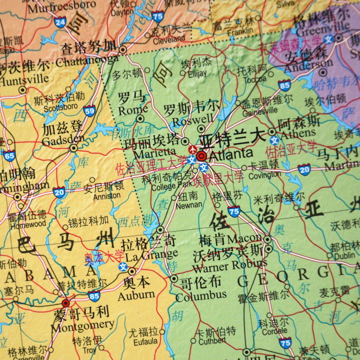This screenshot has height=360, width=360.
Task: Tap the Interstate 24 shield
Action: pyautogui.click(x=60, y=22)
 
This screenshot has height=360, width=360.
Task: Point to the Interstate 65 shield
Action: pyautogui.click(x=9, y=156)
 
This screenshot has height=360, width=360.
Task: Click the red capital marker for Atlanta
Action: pyautogui.click(x=201, y=156)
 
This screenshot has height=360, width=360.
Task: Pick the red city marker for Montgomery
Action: pyautogui.click(x=66, y=303)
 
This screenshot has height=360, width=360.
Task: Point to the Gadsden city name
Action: pyautogui.click(x=63, y=139)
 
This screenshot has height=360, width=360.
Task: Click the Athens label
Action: pyautogui.click(x=298, y=133)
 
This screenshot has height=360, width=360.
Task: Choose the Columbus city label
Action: pyautogui.click(x=201, y=296)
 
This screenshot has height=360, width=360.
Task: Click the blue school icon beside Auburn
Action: pyautogui.click(x=123, y=267)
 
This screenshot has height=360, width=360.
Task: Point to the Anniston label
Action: pyautogui.click(x=107, y=196)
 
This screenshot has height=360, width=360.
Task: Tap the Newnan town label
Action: pyautogui.click(x=189, y=205)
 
